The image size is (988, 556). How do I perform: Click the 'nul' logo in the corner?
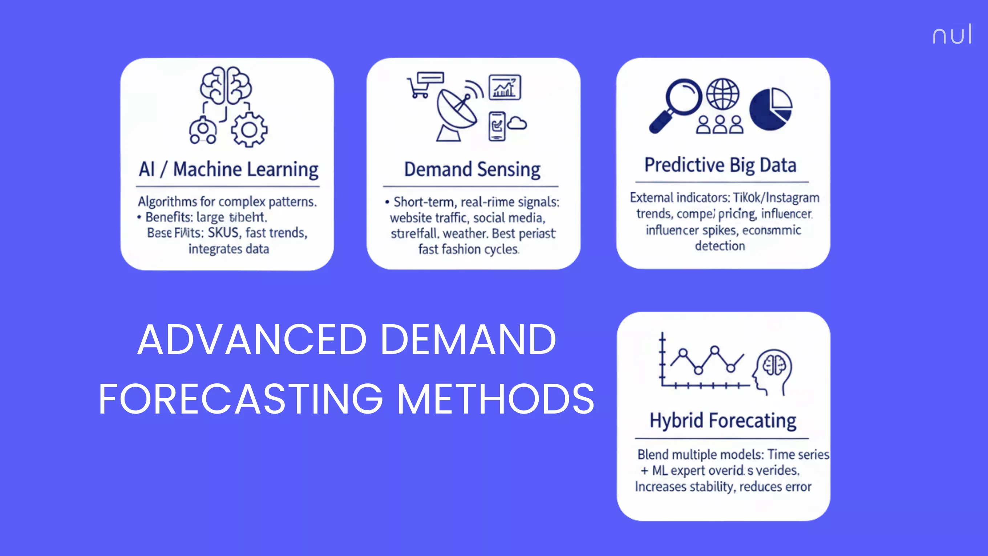(x=952, y=35)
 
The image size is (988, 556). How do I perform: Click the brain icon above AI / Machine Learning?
(x=226, y=85)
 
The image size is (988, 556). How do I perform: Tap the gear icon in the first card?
(x=249, y=130)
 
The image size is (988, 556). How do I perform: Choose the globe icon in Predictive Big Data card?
(x=722, y=94)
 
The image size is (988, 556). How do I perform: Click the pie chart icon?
(x=771, y=109)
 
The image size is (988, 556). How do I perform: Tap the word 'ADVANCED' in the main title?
(x=252, y=339)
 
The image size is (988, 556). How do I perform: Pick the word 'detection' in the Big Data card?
(x=720, y=246)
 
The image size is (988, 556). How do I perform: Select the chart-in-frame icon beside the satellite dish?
(x=505, y=87)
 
